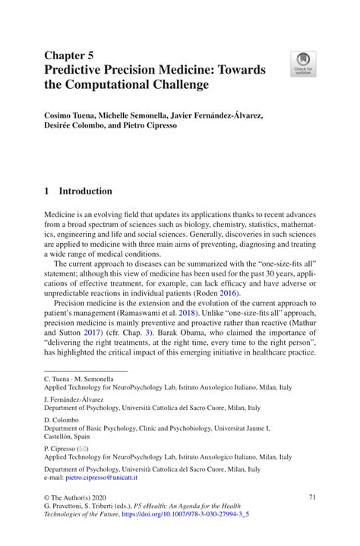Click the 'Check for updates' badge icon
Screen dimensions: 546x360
303,65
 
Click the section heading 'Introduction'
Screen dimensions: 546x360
86,191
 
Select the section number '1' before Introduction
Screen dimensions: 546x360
47,191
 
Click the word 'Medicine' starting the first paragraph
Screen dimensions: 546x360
61,216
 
